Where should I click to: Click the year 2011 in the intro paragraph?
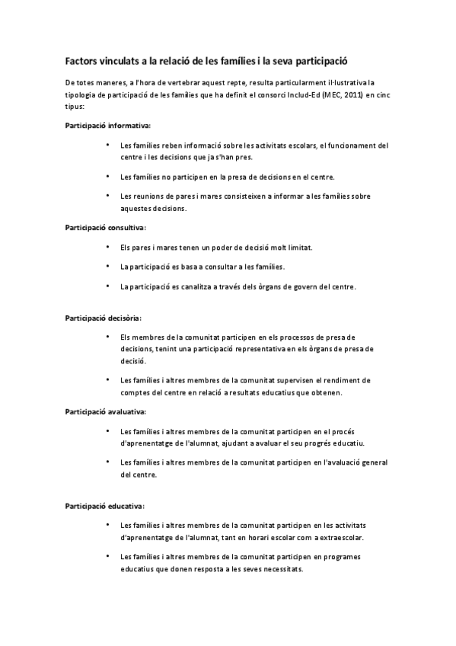coord(345,94)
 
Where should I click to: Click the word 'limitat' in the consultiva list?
coord(297,247)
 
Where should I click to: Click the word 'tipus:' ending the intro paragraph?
coord(75,107)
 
